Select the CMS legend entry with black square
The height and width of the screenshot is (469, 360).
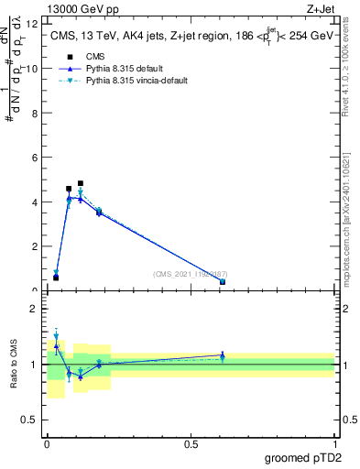[x=82, y=57]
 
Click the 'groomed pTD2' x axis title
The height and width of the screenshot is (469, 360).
[x=303, y=458]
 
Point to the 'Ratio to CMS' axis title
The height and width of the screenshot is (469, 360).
[x=14, y=365]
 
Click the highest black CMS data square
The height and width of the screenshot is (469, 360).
[x=81, y=183]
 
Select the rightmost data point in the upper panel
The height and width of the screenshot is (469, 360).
[x=223, y=282]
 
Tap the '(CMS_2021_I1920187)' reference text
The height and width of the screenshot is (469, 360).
[x=190, y=274]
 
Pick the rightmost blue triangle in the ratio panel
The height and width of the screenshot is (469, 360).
[x=223, y=354]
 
